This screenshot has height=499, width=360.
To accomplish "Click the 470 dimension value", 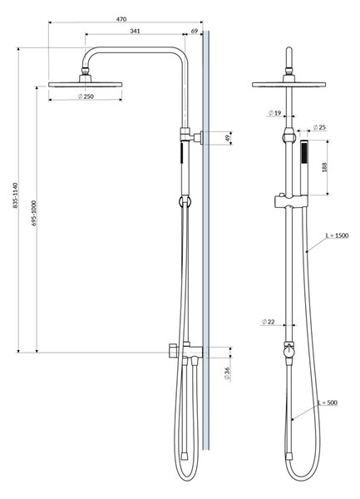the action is tap(121, 19).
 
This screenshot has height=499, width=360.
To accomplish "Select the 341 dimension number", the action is tap(135, 31).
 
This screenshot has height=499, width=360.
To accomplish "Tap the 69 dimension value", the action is tap(195, 31).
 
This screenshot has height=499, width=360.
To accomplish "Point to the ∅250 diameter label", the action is tap(86, 96).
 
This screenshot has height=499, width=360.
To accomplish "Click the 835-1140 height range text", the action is tap(16, 195).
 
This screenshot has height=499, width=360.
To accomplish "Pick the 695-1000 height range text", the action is tap(34, 213).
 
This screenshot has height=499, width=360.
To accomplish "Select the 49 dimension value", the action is tap(227, 138).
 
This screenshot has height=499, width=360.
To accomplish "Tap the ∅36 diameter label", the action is tap(227, 373).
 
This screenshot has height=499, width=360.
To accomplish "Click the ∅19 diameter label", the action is tap(274, 113).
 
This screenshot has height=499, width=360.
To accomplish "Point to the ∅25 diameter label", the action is tap(319, 127).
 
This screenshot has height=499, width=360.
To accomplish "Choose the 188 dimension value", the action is tap(324, 167).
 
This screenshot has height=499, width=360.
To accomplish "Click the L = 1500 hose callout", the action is tap(337, 235).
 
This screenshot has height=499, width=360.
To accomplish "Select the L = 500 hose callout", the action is tap(328, 403).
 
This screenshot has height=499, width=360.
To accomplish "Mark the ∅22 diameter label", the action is tap(268, 322).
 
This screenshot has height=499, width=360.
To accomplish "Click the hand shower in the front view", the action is tap(304, 168).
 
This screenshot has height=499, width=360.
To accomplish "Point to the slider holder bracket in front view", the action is tap(291, 202).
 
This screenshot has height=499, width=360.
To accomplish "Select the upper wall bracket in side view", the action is tap(191, 136).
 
